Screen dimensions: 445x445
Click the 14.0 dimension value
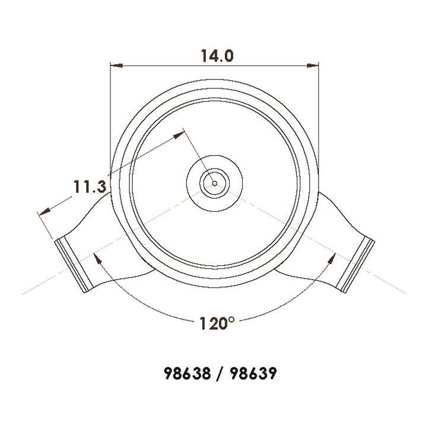point(217,56)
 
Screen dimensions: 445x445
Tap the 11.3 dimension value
point(90,186)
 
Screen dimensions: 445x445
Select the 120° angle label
point(217,323)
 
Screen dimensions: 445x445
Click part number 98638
point(187,373)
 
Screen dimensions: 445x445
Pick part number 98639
point(253,373)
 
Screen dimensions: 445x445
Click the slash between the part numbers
point(220,373)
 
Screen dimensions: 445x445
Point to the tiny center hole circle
point(215,183)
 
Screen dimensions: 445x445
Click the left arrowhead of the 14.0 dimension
point(116,65)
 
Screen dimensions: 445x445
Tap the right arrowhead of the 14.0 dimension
point(313,65)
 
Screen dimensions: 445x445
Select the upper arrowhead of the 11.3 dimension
point(179,135)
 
